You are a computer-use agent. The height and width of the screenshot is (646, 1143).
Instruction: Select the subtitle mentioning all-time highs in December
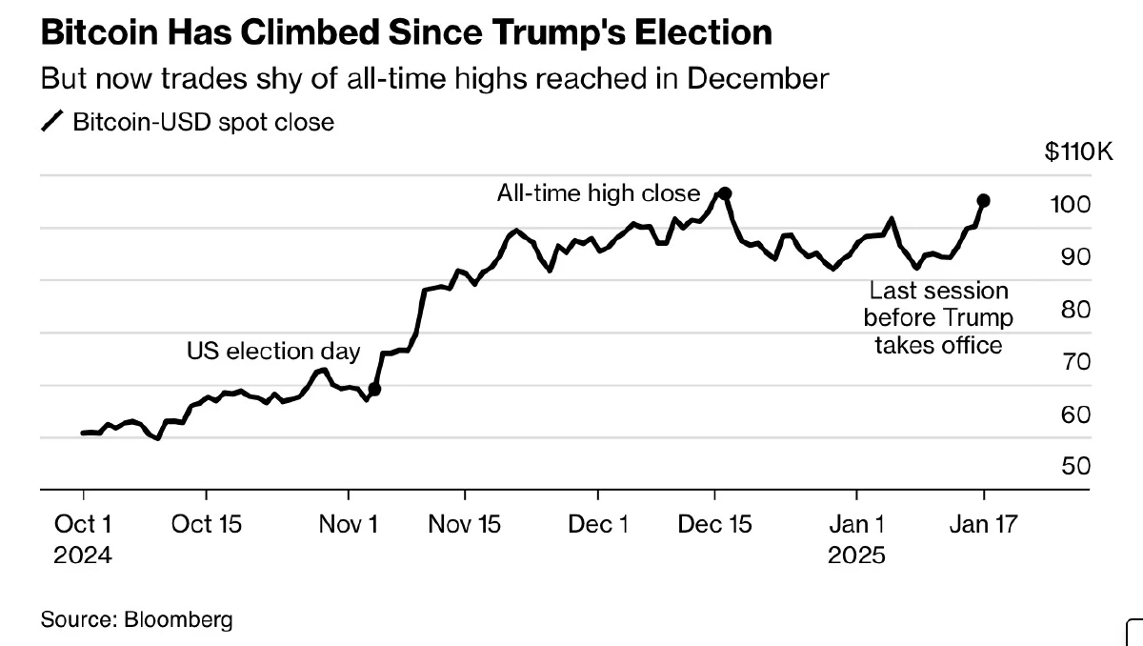pyautogui.click(x=434, y=78)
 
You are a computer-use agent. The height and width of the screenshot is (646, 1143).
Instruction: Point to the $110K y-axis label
pyautogui.click(x=1078, y=152)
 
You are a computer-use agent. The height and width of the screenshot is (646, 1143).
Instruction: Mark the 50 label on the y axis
pyautogui.click(x=1075, y=466)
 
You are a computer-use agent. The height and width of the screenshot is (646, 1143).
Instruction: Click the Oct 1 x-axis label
pyautogui.click(x=83, y=524)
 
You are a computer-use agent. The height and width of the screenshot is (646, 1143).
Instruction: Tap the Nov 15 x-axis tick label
pyautogui.click(x=465, y=524)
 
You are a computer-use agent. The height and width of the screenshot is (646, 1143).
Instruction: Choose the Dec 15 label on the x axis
pyautogui.click(x=714, y=524)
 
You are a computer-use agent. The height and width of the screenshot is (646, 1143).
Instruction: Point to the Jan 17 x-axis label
pyautogui.click(x=984, y=524)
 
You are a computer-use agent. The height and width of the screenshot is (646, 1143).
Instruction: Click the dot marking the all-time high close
pyautogui.click(x=724, y=193)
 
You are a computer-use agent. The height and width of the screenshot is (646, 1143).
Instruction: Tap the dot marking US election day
pyautogui.click(x=374, y=389)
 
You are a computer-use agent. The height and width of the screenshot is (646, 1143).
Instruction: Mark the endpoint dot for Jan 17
pyautogui.click(x=984, y=201)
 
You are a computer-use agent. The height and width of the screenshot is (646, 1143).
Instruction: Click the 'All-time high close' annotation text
pyautogui.click(x=598, y=193)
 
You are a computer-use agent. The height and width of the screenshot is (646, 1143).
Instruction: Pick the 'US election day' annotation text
pyautogui.click(x=272, y=352)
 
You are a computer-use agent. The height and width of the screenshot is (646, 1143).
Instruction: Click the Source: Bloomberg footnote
pyautogui.click(x=136, y=619)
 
